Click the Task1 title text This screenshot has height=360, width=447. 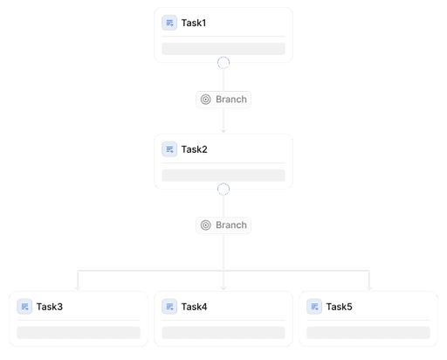click(x=194, y=23)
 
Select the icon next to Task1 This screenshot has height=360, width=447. click(x=169, y=23)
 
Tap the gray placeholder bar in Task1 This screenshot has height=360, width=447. click(x=223, y=49)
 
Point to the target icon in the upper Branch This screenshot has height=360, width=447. click(x=205, y=100)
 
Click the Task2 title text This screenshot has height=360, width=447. click(x=194, y=149)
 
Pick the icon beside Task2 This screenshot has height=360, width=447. click(x=169, y=149)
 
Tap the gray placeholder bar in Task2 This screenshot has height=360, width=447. click(x=223, y=176)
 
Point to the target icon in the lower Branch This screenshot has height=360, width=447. click(x=205, y=225)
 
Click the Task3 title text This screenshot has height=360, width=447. click(x=50, y=307)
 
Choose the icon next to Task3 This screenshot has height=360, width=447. click(x=24, y=307)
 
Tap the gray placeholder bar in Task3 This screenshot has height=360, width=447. click(x=79, y=333)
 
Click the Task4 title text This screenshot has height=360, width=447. click(x=194, y=307)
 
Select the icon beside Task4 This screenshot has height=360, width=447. click(x=169, y=307)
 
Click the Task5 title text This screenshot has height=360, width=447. click(x=339, y=307)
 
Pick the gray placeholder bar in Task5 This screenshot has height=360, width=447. click(x=368, y=333)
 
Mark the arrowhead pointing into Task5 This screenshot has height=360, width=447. click(x=369, y=288)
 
